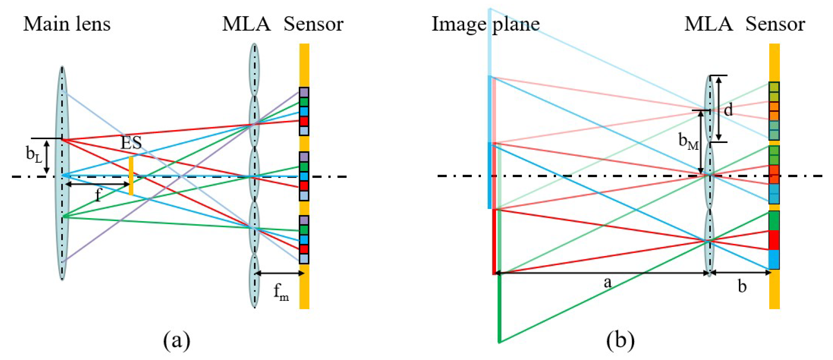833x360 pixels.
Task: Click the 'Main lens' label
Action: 67,24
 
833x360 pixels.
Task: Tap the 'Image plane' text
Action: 485,24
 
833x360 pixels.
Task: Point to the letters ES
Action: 131,143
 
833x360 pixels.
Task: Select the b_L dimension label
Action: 34,154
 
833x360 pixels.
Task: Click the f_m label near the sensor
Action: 281,292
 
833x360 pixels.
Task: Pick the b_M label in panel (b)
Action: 689,141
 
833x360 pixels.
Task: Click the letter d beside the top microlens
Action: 728,110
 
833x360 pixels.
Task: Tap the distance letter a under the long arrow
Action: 607,283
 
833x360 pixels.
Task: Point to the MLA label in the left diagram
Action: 246,24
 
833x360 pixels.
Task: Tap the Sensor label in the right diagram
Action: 775,24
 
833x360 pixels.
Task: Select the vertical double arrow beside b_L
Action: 46,156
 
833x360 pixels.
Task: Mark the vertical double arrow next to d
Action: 719,109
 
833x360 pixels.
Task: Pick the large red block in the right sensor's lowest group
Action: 774,240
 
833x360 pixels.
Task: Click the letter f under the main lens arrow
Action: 98,195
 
